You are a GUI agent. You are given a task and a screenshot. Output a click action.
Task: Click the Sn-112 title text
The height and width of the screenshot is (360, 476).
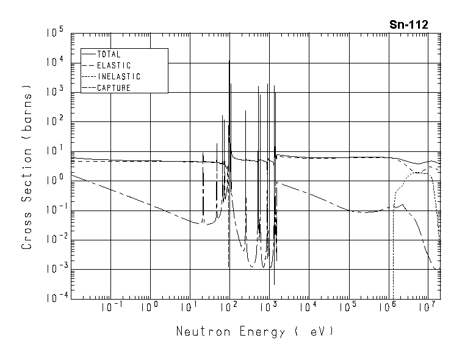tap(408, 25)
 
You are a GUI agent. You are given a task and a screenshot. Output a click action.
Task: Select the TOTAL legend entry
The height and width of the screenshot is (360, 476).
tap(109, 54)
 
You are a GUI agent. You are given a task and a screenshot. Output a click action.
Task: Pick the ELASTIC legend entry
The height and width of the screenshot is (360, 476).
tap(114, 65)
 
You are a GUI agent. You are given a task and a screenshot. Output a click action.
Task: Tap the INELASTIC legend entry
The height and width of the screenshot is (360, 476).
tap(118, 77)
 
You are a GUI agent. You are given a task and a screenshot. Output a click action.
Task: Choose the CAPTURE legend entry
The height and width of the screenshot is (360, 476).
tap(114, 88)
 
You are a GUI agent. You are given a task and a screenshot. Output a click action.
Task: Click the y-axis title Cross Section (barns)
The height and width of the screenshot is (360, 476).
tap(27, 166)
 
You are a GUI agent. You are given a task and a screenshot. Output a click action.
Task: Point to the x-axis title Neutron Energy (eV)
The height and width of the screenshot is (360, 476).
tap(255, 333)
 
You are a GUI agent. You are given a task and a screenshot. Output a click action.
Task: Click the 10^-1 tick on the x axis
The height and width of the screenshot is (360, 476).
tap(110, 308)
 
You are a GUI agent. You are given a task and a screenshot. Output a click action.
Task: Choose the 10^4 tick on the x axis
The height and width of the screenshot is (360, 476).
tap(308, 308)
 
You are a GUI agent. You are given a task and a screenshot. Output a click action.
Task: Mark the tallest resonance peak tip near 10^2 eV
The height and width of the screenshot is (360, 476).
tap(229, 61)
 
